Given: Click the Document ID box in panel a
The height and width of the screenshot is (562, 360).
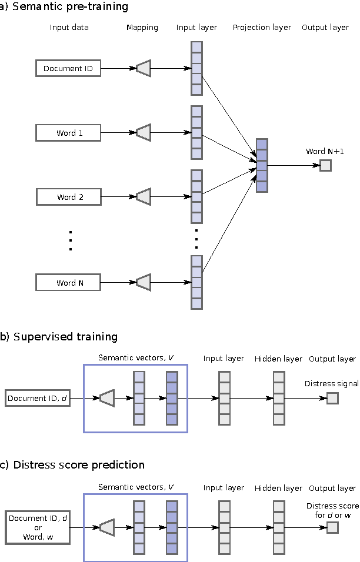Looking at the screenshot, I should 68,69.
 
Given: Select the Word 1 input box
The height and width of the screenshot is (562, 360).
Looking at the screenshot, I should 68,133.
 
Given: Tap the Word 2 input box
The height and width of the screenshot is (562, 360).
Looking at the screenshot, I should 68,197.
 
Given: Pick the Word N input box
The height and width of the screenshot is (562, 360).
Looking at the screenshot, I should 68,283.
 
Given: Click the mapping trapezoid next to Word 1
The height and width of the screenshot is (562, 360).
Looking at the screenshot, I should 144,133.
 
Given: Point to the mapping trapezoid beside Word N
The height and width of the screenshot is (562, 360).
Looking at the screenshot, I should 144,283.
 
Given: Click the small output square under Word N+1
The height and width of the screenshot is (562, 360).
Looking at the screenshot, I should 325,165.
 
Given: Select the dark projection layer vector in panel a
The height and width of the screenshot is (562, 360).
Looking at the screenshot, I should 262,165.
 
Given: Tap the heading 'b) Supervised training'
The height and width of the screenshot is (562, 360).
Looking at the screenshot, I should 59,337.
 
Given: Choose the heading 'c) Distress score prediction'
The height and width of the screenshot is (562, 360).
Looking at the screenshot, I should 72,465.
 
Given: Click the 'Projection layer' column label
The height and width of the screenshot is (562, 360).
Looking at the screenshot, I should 262,28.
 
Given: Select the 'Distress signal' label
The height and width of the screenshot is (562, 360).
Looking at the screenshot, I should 331,384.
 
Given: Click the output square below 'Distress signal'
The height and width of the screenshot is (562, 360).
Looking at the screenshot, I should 332,399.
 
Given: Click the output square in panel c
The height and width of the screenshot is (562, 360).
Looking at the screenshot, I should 332,527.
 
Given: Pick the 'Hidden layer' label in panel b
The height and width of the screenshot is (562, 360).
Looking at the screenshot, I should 278,359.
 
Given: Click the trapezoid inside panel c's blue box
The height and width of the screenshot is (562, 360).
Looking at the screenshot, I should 106,527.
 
